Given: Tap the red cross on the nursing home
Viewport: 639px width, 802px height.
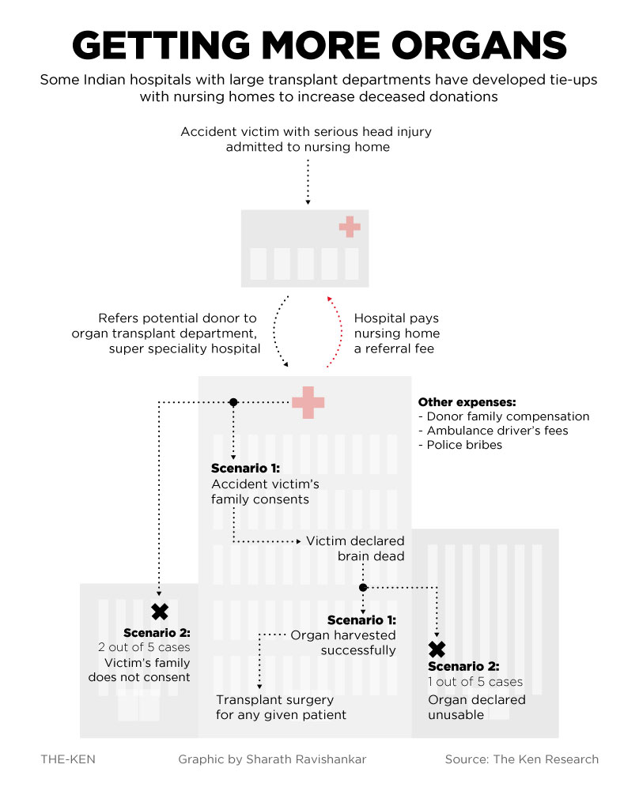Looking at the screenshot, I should pyautogui.click(x=349, y=228).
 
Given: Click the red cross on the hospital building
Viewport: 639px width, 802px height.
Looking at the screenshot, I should pyautogui.click(x=308, y=402).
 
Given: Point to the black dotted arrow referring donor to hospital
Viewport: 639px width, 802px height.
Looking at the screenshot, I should pyautogui.click(x=278, y=332).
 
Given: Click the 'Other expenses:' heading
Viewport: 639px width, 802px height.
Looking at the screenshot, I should pyautogui.click(x=466, y=401).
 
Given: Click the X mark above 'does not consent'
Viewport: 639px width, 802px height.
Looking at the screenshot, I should pyautogui.click(x=160, y=611).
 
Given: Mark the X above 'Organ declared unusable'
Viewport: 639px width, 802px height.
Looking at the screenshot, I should pyautogui.click(x=437, y=650).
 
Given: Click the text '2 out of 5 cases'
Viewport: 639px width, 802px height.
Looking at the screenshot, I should pyautogui.click(x=144, y=647).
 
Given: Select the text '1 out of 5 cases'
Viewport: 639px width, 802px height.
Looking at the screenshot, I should pyautogui.click(x=475, y=682).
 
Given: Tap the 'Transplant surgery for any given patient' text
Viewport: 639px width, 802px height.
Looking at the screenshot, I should pyautogui.click(x=281, y=707).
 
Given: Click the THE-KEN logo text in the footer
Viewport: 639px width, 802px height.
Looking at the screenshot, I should pyautogui.click(x=68, y=759).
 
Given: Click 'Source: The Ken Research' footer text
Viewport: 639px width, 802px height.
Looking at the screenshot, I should pyautogui.click(x=521, y=759).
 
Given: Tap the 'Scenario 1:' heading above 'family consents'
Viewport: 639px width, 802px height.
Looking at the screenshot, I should pyautogui.click(x=245, y=468).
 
